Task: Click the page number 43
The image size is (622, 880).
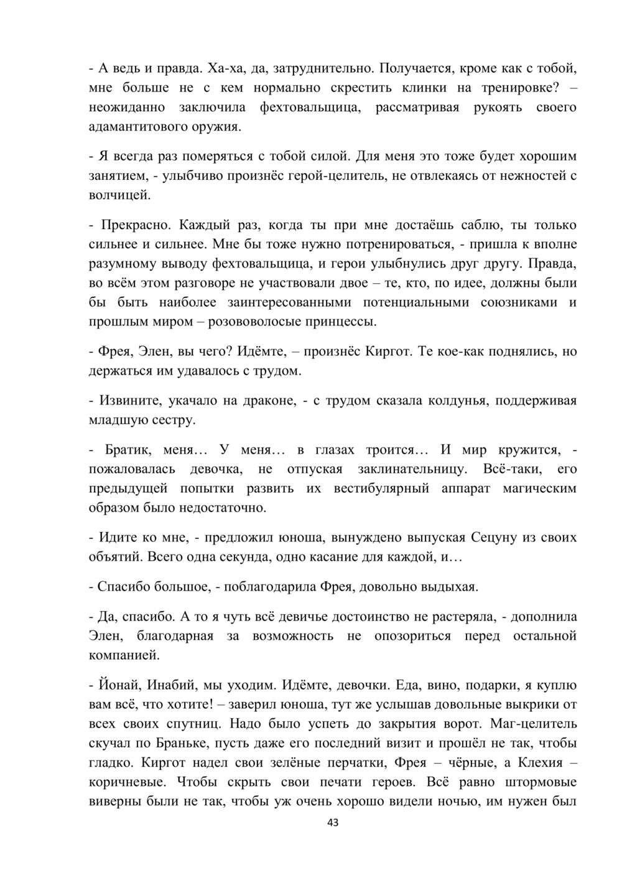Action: (x=333, y=823)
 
